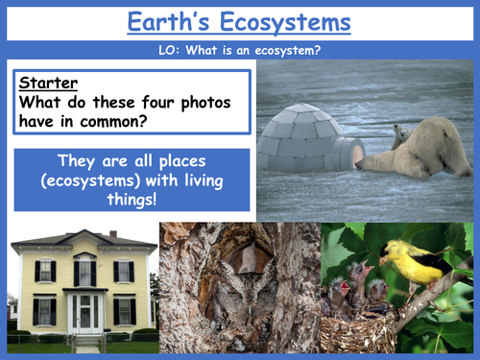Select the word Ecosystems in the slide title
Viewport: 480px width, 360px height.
288,22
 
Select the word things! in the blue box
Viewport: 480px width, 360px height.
130,202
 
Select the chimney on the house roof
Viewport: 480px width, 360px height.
113,234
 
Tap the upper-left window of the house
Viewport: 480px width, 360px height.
44,272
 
